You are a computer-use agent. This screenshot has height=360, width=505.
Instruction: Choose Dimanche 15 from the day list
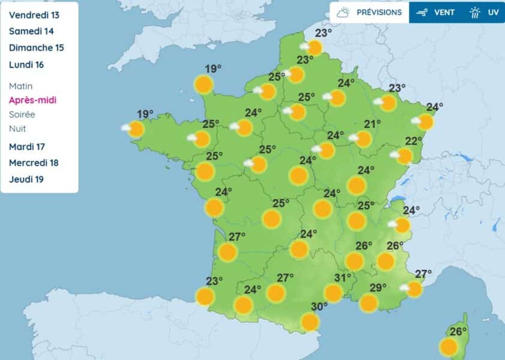pos(37,48)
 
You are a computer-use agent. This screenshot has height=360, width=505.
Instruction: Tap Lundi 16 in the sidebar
pos(27,65)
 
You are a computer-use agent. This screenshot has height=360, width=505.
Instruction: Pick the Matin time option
pos(21,86)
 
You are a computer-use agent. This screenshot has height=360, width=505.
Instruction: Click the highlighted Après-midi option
pos(33,100)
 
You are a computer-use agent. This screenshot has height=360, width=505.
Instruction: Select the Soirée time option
pos(22,115)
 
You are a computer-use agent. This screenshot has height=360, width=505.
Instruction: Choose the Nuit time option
pos(17,128)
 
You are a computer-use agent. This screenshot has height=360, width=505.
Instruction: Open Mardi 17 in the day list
pos(27,146)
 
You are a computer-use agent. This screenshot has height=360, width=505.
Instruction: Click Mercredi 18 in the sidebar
pos(34,163)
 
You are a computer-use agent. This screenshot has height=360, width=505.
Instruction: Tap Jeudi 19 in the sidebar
pos(26,179)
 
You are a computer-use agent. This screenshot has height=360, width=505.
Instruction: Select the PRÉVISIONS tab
pos(369,12)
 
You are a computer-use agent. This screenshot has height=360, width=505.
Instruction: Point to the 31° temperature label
pos(343,278)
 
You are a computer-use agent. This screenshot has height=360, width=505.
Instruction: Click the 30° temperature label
pos(319,307)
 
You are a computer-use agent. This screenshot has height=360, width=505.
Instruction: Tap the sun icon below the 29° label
pos(369,303)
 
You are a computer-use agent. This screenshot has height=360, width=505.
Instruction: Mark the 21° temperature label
pos(372,124)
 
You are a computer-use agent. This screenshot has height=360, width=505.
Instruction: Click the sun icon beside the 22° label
pos(404,156)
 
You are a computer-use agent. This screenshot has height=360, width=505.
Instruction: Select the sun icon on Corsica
pos(449,347)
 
